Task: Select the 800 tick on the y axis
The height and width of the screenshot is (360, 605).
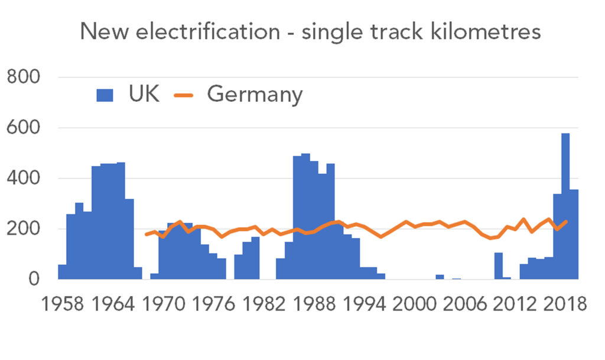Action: pos(23,77)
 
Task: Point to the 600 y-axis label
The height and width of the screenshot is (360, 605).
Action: pos(23,128)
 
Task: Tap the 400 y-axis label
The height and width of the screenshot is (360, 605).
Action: pos(23,179)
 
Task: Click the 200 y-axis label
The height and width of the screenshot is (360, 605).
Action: pos(23,229)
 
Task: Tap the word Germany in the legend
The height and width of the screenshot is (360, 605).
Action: pos(255,95)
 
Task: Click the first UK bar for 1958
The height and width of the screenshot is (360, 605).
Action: pos(61,272)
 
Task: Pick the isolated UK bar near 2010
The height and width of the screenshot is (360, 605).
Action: pos(499,266)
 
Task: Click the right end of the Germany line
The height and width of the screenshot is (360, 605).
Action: pos(567,222)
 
